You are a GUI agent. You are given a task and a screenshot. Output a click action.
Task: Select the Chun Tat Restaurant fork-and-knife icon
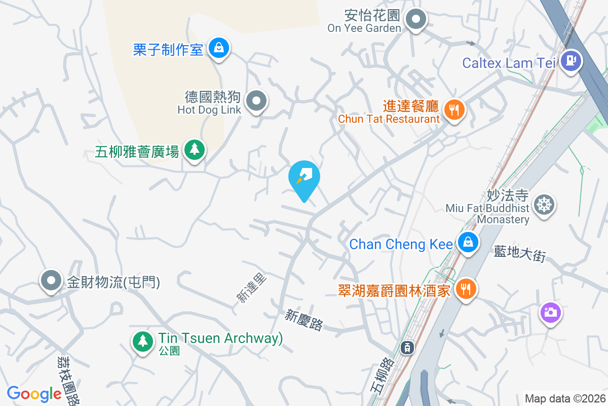(454, 109)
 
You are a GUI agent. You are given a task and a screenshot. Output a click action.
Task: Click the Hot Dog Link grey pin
(256, 100)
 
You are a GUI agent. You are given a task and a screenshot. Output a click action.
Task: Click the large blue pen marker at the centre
(304, 178)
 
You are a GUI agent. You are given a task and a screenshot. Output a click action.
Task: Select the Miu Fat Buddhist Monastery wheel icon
(544, 205)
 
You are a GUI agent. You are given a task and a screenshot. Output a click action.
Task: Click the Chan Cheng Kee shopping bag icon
(468, 242)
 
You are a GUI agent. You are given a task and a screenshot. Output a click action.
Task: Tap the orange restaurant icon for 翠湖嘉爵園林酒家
(465, 289)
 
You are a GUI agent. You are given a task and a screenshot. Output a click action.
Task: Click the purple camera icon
(550, 312)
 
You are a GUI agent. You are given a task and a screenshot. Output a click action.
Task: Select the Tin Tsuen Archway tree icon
(143, 341)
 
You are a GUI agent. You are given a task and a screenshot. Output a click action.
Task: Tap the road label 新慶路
(303, 321)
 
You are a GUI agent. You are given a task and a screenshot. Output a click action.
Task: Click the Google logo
(34, 393)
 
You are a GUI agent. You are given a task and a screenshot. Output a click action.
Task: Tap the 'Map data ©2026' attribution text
(565, 398)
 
